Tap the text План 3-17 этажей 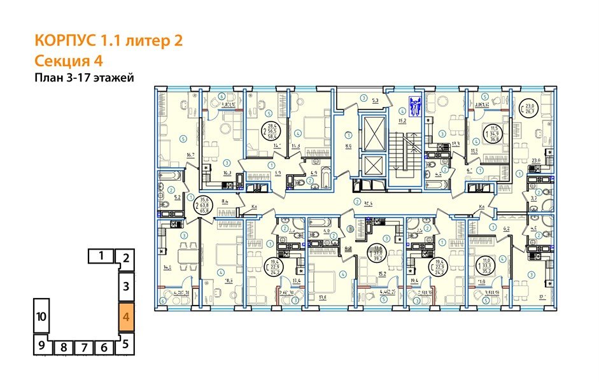[x=85, y=78]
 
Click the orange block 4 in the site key [x=126, y=316]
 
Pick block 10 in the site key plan [x=41, y=316]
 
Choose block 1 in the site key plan [x=101, y=257]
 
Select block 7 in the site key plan [x=85, y=348]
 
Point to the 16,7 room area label [x=189, y=155]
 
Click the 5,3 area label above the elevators [x=376, y=101]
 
